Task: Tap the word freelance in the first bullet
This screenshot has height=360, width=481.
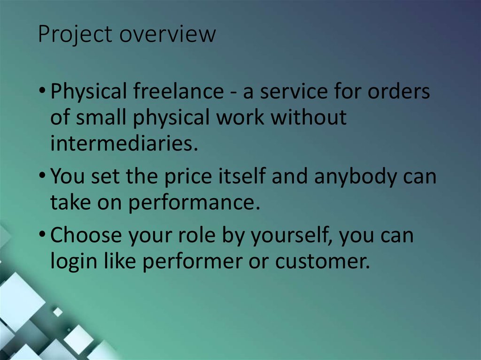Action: pos(178,92)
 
